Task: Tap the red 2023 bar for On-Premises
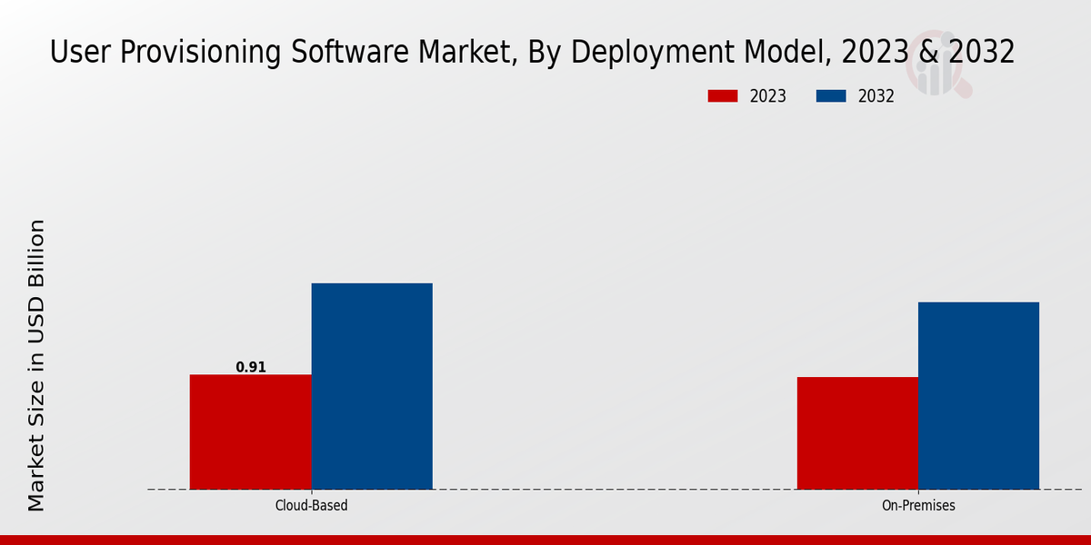(x=857, y=433)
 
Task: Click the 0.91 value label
(x=251, y=367)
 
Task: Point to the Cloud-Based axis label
(x=311, y=505)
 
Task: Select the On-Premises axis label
(x=918, y=505)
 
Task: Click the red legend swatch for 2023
(x=723, y=96)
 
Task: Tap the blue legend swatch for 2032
(x=832, y=96)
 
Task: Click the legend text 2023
(x=768, y=96)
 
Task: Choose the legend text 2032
(x=876, y=96)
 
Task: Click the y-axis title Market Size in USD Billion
(x=36, y=365)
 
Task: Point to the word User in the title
(x=78, y=53)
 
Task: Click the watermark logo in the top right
(x=941, y=68)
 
